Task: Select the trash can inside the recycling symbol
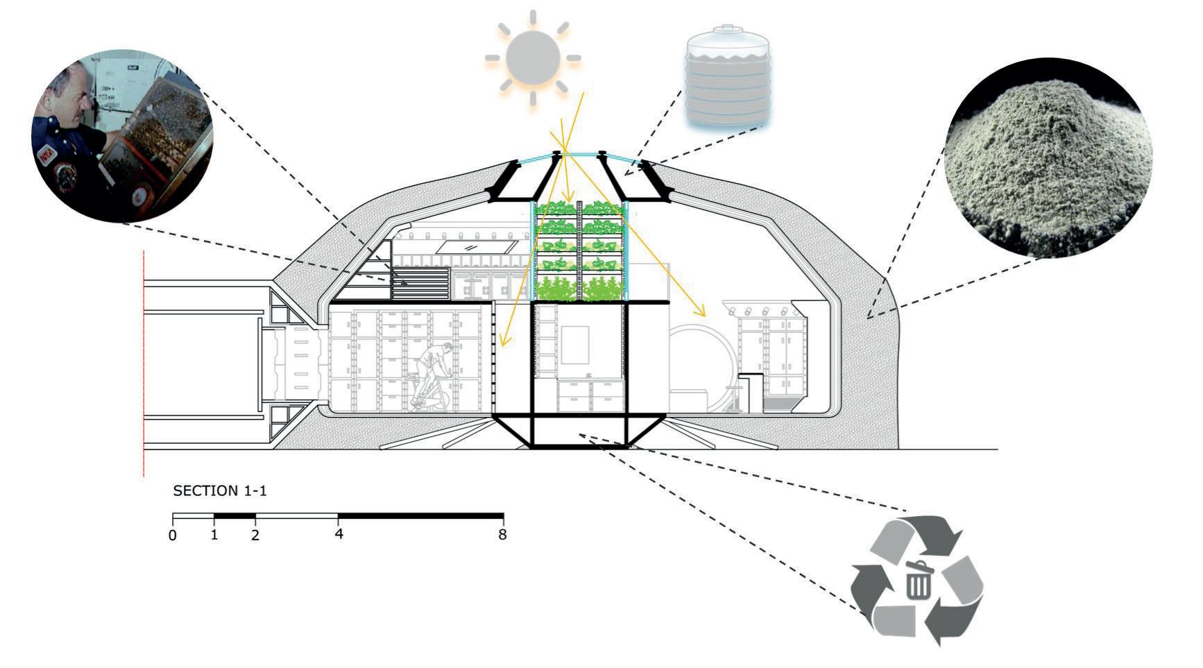click(918, 580)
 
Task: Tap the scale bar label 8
click(502, 535)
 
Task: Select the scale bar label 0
click(173, 536)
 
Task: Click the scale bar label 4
click(339, 535)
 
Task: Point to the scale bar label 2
click(255, 536)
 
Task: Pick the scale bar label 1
click(214, 536)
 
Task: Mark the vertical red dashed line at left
click(143, 361)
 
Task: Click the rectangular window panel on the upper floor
click(471, 247)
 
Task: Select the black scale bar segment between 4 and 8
click(420, 516)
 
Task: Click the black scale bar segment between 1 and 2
click(234, 516)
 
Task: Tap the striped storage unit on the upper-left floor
click(420, 284)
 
